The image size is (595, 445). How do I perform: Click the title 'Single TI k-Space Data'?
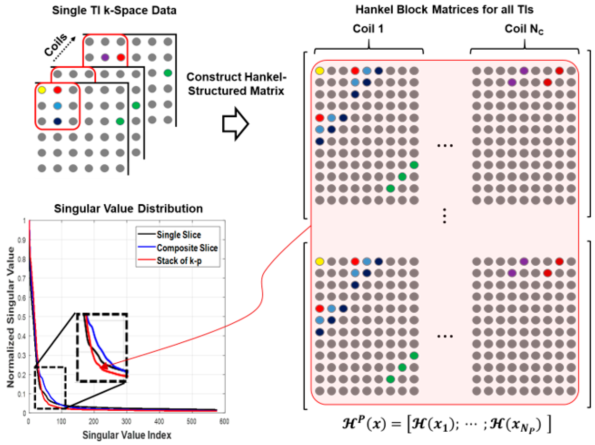(x=114, y=10)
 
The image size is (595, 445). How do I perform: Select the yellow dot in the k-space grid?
(x=42, y=90)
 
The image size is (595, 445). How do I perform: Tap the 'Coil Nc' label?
(x=524, y=29)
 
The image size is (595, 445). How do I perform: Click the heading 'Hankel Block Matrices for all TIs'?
(x=444, y=10)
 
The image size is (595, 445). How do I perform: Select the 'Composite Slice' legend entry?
(x=187, y=248)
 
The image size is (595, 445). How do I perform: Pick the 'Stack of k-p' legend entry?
(x=179, y=261)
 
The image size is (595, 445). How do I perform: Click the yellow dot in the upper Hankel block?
(x=320, y=71)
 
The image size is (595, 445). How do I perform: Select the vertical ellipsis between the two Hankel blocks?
(x=444, y=216)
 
